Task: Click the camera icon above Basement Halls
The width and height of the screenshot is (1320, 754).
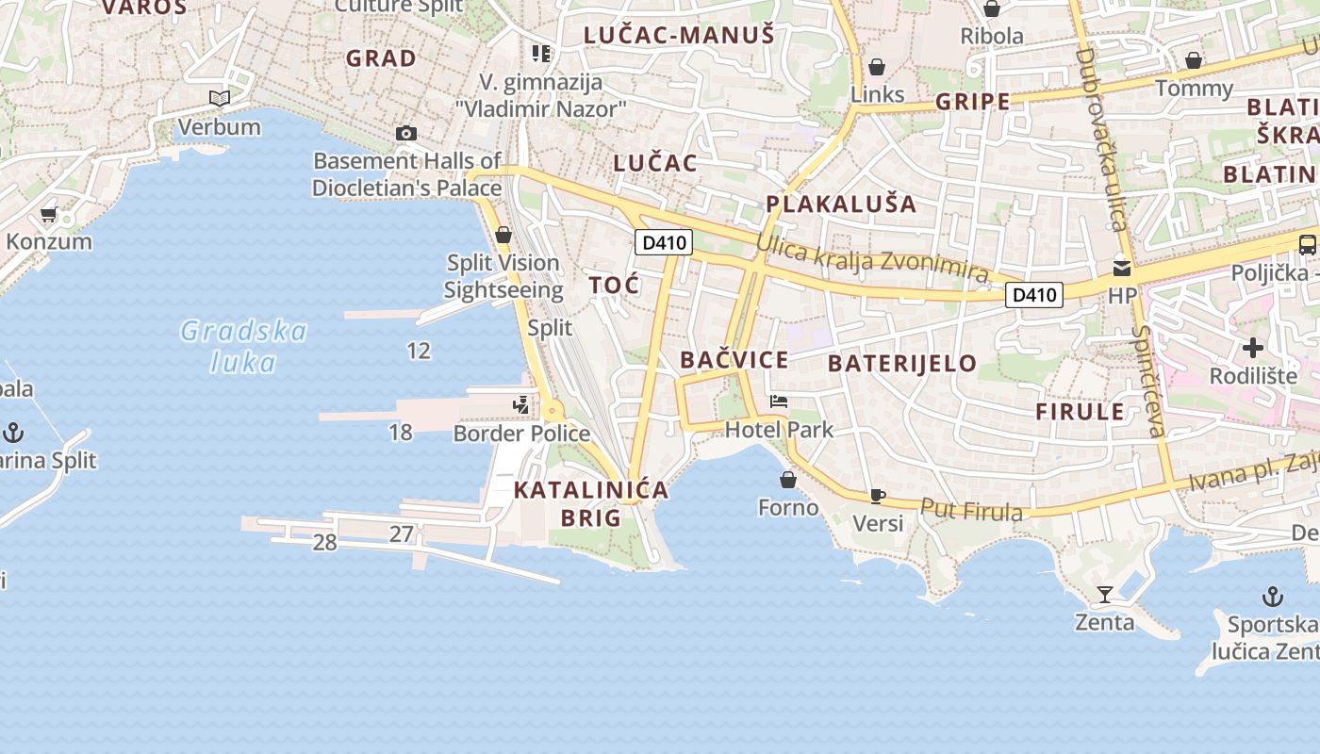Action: pyautogui.click(x=406, y=133)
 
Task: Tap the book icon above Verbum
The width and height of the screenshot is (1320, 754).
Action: pyautogui.click(x=220, y=98)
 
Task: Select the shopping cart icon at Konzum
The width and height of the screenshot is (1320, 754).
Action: pyautogui.click(x=49, y=215)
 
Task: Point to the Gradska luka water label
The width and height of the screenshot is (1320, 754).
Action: pyautogui.click(x=244, y=347)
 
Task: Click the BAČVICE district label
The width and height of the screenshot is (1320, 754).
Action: pyautogui.click(x=734, y=359)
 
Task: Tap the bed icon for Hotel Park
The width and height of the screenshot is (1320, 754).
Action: pyautogui.click(x=779, y=402)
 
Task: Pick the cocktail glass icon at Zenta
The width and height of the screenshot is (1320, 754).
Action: pyautogui.click(x=1105, y=595)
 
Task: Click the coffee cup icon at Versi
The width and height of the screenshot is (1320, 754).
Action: pyautogui.click(x=878, y=496)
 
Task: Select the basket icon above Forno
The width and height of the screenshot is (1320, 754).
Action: pyautogui.click(x=788, y=480)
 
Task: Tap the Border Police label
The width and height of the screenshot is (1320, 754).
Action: pyautogui.click(x=521, y=434)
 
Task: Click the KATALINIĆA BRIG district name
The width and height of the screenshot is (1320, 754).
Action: pyautogui.click(x=591, y=503)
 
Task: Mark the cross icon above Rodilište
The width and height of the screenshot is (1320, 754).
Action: pyautogui.click(x=1253, y=348)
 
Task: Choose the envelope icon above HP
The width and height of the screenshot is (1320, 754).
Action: pyautogui.click(x=1122, y=268)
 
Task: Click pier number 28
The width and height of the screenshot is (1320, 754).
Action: pyautogui.click(x=324, y=542)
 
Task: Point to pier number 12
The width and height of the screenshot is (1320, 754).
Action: pyautogui.click(x=419, y=351)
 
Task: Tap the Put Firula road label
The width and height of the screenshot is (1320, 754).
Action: pyautogui.click(x=971, y=510)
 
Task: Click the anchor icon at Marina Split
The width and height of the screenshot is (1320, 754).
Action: pyautogui.click(x=13, y=433)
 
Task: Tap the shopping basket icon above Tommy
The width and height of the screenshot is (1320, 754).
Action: pyautogui.click(x=1194, y=60)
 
